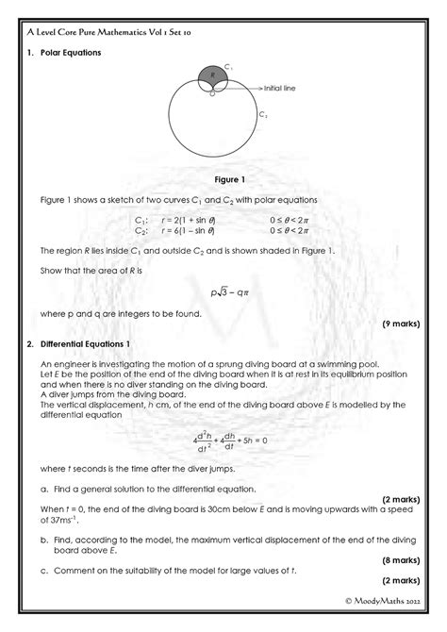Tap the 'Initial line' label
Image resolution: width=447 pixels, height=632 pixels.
pos(279,88)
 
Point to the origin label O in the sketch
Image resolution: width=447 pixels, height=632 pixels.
pos(212,93)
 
